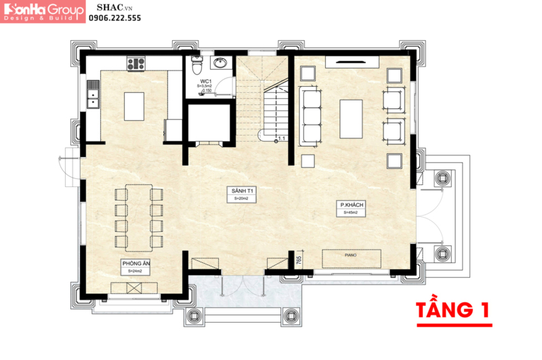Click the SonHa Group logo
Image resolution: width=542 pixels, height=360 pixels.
[x=43, y=12]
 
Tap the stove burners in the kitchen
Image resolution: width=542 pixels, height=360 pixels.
[x=136, y=64]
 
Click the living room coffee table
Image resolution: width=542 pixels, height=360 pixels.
[x=351, y=118]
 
